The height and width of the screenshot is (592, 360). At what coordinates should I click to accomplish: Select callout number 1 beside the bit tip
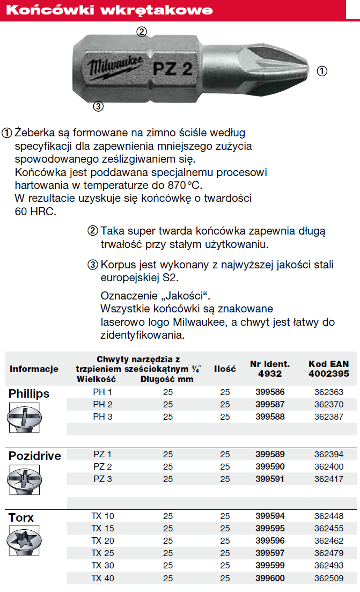coord(322,70)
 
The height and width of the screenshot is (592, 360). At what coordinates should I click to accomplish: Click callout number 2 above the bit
coord(141,32)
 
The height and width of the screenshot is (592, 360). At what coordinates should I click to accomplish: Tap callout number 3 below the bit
coord(98,106)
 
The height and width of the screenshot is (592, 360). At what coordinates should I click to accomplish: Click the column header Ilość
coord(225,369)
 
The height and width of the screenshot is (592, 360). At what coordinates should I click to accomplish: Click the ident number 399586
coord(270,392)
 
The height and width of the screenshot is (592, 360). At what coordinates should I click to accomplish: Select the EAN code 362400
coord(328,467)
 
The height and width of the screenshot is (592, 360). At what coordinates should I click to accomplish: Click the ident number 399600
coord(270,578)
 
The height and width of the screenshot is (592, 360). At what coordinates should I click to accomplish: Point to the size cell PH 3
coord(102,417)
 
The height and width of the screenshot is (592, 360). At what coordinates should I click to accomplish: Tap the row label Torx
coord(21,517)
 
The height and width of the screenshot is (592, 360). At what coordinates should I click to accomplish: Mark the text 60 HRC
coord(35,211)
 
